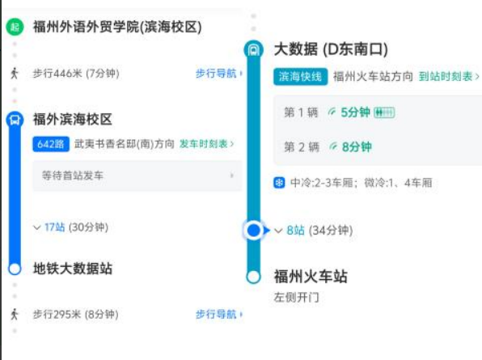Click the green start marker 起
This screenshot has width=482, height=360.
[15, 27]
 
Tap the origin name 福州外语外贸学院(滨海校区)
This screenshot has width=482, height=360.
[117, 27]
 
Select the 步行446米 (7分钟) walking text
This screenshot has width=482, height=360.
[76, 74]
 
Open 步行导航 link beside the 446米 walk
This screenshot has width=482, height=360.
[219, 74]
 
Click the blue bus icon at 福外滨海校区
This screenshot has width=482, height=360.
[15, 120]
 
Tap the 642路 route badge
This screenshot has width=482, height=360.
[51, 144]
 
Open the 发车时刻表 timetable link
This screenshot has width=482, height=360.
[206, 143]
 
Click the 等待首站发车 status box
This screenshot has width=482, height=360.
[137, 176]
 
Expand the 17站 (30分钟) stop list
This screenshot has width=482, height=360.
[70, 227]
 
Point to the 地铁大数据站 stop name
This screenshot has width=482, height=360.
[73, 269]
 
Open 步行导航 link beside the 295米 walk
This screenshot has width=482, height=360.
[219, 314]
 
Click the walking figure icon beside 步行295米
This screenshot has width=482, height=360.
[14, 314]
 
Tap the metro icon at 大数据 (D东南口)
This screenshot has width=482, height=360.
[254, 49]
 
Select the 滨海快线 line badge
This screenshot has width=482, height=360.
[300, 77]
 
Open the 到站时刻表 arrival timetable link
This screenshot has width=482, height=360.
[449, 76]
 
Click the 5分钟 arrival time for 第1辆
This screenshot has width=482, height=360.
[355, 112]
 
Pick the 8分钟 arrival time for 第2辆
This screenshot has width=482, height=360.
[357, 147]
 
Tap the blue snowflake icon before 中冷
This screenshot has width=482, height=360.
[279, 183]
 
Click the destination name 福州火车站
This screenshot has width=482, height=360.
[311, 277]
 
